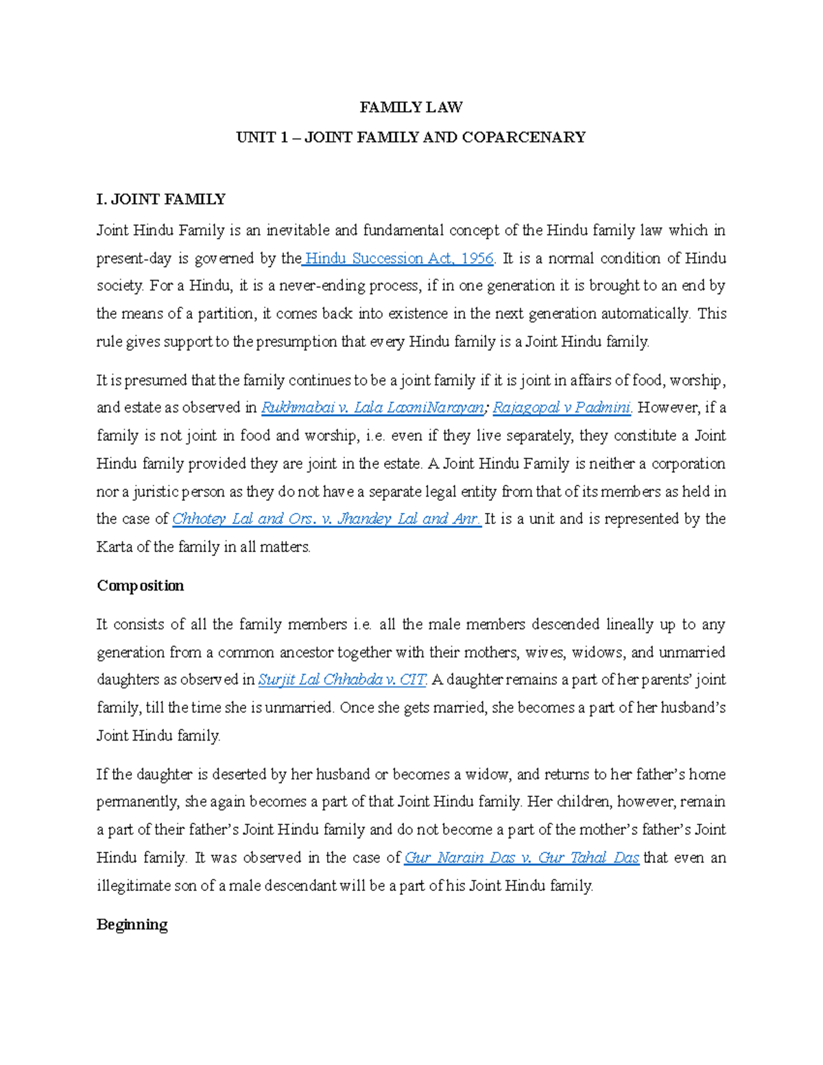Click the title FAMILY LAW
tap(411, 107)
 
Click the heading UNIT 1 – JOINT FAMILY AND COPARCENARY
tap(411, 137)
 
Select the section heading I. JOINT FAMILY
tap(161, 200)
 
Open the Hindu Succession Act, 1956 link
tap(399, 259)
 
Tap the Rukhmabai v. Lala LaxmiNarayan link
tap(372, 408)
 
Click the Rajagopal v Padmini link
tap(562, 408)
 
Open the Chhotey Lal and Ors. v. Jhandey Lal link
tap(326, 519)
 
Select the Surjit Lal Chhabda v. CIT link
tap(342, 680)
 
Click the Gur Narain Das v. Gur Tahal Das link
tap(522, 858)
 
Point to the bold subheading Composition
tap(141, 586)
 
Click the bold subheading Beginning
tap(132, 924)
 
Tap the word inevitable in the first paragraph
tap(298, 230)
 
